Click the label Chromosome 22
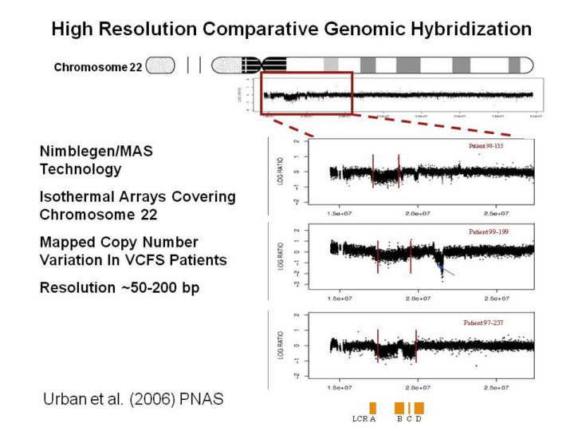(x=97, y=68)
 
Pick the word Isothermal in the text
(x=82, y=196)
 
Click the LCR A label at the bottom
(x=364, y=419)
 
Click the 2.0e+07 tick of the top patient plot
(x=419, y=213)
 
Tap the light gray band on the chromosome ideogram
(x=331, y=65)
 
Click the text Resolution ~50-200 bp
(x=119, y=287)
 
